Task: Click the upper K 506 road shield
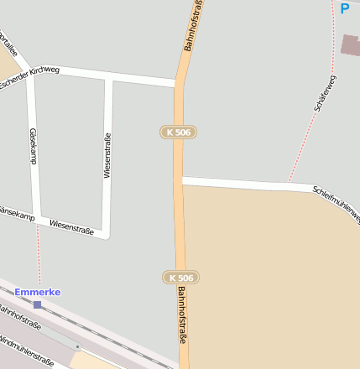(178, 133)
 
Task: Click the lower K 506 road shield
(180, 278)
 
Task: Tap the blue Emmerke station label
(37, 292)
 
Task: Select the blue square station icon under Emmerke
(37, 304)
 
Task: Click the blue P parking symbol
(344, 9)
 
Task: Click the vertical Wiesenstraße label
(107, 155)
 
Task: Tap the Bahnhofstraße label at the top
(194, 25)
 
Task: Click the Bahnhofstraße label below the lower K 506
(182, 314)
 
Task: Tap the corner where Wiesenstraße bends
(106, 234)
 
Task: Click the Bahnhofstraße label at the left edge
(18, 318)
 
